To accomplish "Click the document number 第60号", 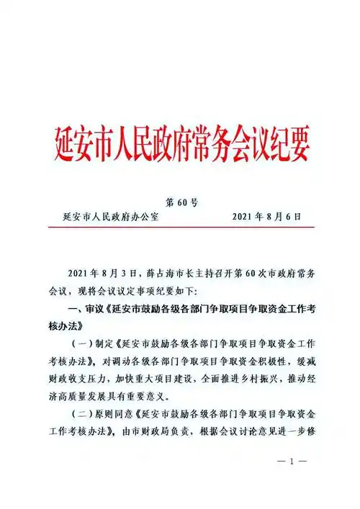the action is (x=181, y=202).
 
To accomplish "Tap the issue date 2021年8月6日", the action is (x=266, y=216).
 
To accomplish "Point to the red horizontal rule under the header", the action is (x=180, y=227).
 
